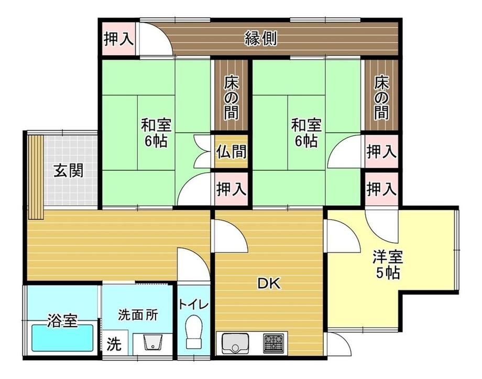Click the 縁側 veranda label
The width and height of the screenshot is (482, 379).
coord(261,39)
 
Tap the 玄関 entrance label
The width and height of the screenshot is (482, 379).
coord(68,170)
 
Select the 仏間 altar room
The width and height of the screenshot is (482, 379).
coord(231,151)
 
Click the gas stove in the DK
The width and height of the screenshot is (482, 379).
coord(273,343)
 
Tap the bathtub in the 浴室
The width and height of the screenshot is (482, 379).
coord(62,339)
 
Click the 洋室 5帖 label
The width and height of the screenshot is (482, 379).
coord(388,265)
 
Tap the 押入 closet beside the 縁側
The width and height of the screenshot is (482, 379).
coord(118,39)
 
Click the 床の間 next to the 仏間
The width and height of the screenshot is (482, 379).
coord(231,96)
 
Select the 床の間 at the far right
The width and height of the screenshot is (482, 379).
coord(381,96)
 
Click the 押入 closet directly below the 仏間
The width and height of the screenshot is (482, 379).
coord(231,189)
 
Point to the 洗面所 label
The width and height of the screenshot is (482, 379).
coord(138,316)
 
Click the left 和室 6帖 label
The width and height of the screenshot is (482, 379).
coord(156,133)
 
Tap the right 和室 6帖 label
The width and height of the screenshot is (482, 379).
coord(306,133)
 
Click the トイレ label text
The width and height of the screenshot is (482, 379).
coord(194,305)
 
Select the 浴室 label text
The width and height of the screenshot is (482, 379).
coord(62,320)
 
